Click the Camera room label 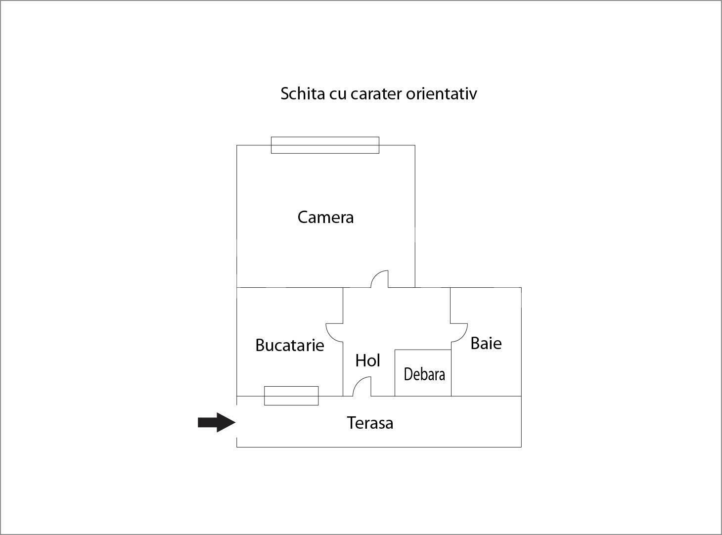(325, 217)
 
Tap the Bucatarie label (290, 345)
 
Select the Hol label (367, 360)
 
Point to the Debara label (424, 374)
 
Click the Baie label (486, 343)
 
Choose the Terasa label (370, 423)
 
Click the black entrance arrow (217, 422)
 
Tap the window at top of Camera (325, 145)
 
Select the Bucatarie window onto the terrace (291, 396)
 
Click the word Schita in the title (303, 94)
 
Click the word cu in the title (338, 95)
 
